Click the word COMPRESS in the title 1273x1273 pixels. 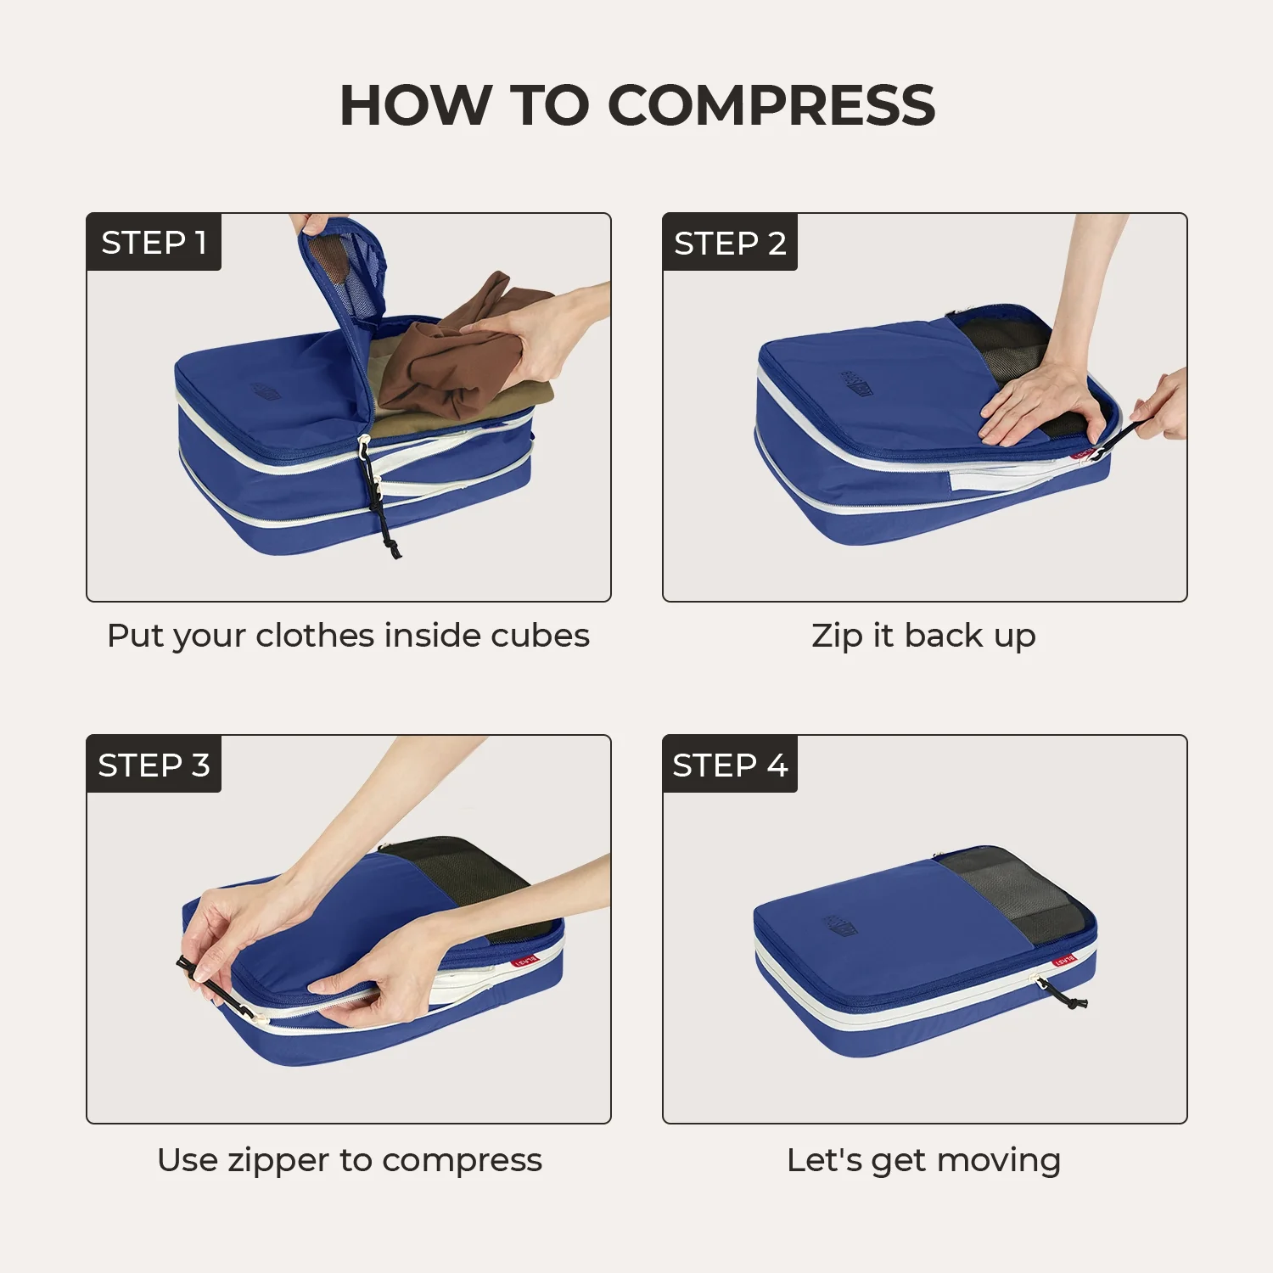[771, 105]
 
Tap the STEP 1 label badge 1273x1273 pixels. [154, 243]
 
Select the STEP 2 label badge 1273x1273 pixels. [730, 243]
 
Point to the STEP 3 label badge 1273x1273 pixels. [154, 765]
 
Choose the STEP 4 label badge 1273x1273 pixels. [730, 765]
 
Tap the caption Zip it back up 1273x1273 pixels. [923, 636]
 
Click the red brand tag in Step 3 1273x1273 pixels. [526, 962]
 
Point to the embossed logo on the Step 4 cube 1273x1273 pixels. [841, 926]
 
